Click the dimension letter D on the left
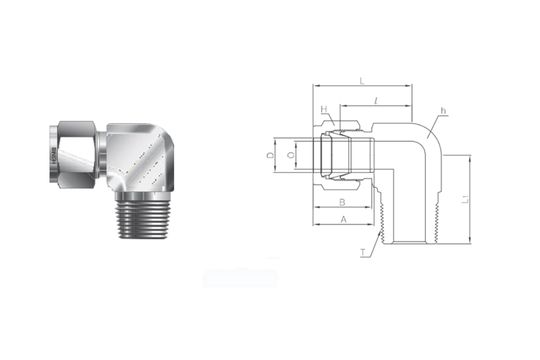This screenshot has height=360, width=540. click(270, 156)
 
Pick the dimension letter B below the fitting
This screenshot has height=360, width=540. click(342, 201)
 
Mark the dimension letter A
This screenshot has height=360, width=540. click(343, 218)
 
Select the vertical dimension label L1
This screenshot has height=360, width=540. click(478, 200)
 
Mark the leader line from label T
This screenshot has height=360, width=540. click(374, 244)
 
